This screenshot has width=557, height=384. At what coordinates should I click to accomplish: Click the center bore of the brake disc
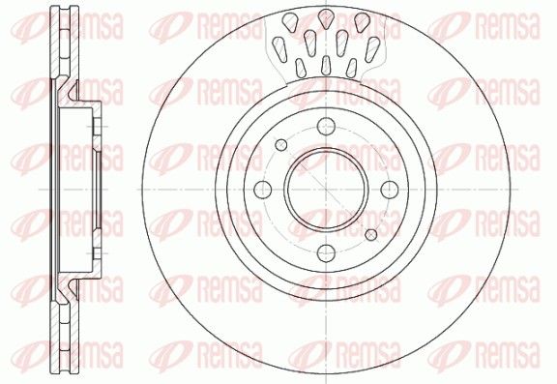tap(326, 189)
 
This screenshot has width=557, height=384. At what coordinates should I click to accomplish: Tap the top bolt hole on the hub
tap(326, 126)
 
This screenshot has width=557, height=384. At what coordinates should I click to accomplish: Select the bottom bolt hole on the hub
tap(326, 252)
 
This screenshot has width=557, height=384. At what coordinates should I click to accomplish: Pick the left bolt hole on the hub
tap(263, 190)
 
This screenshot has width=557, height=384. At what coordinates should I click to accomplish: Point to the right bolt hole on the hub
tap(390, 190)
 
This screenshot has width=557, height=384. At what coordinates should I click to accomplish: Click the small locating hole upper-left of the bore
tap(281, 144)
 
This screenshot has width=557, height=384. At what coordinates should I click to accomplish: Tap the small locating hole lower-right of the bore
tap(371, 234)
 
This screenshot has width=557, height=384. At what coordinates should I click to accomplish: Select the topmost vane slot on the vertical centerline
tap(325, 18)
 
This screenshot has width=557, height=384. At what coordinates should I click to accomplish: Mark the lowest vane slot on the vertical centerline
tap(326, 66)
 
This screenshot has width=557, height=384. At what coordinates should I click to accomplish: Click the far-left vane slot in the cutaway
tap(279, 48)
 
